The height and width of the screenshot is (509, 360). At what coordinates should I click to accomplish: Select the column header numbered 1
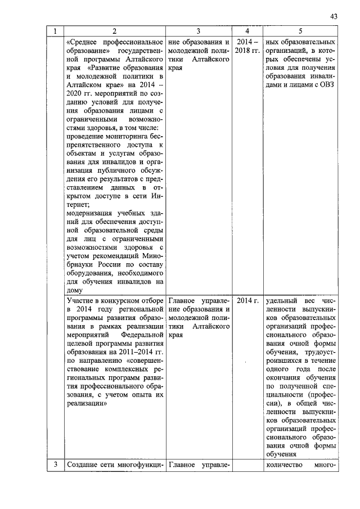tap(55, 32)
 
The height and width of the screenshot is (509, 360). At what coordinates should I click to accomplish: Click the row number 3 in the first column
tap(55, 465)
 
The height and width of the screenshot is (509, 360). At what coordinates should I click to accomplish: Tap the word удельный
tap(282, 300)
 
